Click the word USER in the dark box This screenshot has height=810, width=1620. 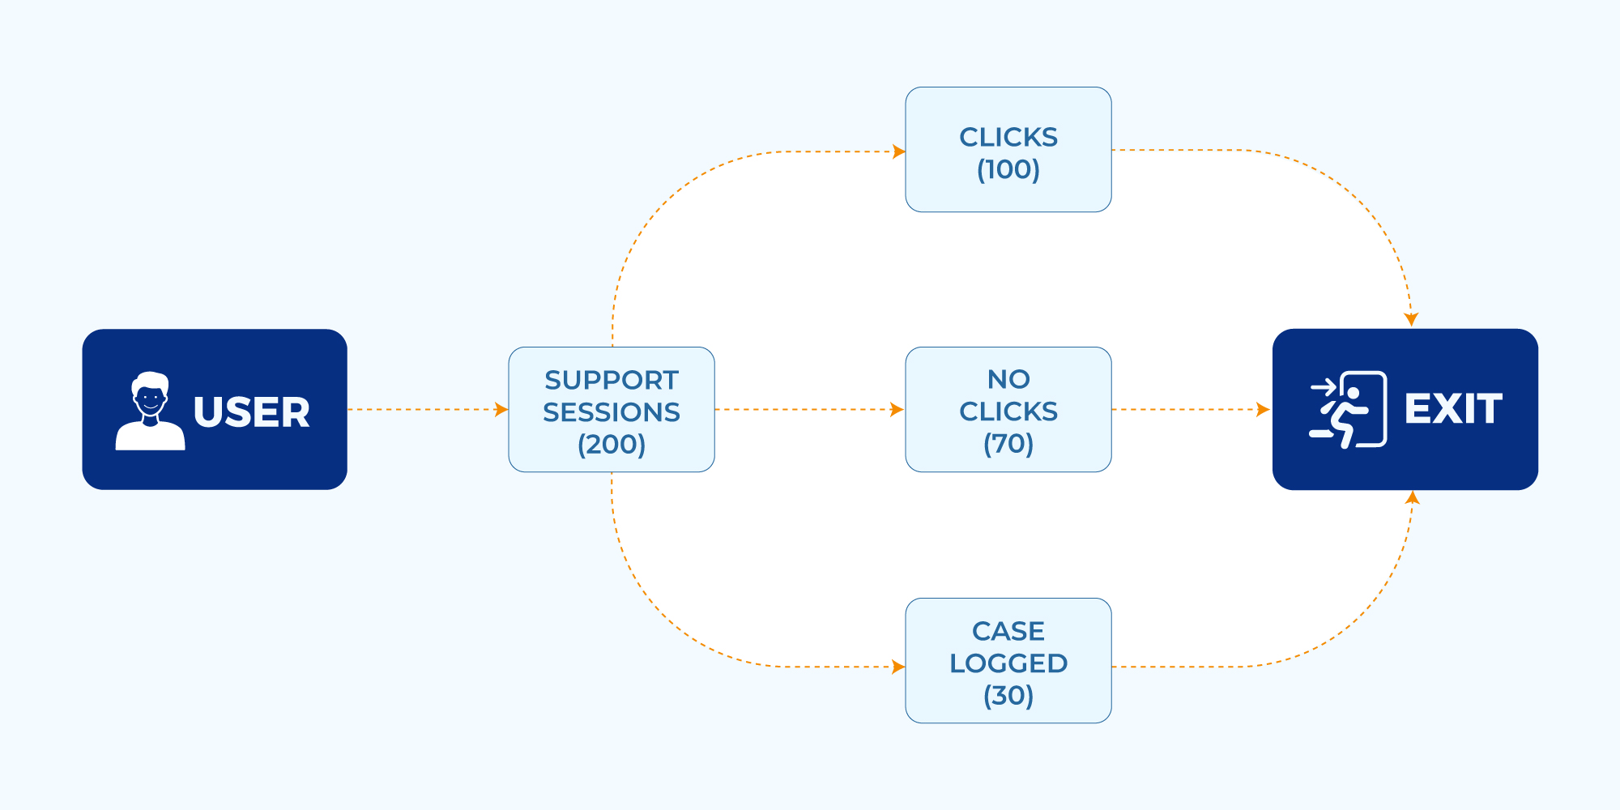click(251, 412)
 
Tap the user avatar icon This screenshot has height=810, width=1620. click(151, 411)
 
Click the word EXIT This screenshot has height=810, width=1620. click(1453, 408)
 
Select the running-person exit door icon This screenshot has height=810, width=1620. click(1348, 409)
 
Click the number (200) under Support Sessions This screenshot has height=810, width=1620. click(612, 444)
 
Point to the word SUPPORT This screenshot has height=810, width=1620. click(612, 380)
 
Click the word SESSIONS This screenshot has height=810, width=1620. click(612, 412)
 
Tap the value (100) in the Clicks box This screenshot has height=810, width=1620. click(1008, 169)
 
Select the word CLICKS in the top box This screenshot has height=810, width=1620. click(1008, 137)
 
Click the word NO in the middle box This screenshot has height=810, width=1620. click(1008, 379)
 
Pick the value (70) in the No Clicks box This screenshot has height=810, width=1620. click(1008, 444)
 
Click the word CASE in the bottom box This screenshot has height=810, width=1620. click(1008, 631)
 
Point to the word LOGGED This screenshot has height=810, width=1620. click(1008, 663)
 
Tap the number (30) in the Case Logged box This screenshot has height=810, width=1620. click(1008, 695)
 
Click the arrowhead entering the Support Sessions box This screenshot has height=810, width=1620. click(501, 410)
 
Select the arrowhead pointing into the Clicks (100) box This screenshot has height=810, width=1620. click(898, 151)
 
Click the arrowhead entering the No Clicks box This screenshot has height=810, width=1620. click(897, 410)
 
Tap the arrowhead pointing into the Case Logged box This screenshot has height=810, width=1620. click(898, 667)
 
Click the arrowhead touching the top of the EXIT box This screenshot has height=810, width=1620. click(1411, 319)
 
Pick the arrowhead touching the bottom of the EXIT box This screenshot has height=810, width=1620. click(1412, 498)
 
